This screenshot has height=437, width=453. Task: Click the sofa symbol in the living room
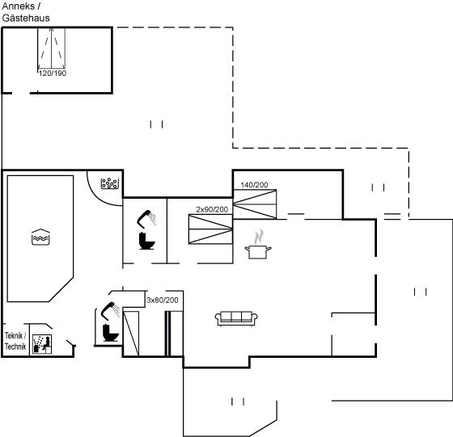(x=236, y=318)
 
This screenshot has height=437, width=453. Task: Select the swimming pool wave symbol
(x=40, y=237)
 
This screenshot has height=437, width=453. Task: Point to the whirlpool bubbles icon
(x=110, y=183)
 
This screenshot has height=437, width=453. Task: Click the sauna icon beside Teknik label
(x=42, y=344)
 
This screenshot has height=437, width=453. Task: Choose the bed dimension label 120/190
(x=53, y=74)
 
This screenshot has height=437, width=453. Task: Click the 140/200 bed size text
(x=254, y=185)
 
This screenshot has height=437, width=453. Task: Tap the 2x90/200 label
(x=212, y=209)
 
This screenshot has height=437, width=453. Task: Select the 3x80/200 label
(x=163, y=300)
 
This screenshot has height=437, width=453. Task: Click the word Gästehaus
(x=26, y=18)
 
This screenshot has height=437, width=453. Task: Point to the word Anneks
(x=19, y=6)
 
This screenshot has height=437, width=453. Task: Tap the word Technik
(x=15, y=347)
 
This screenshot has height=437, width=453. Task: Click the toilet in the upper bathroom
(x=146, y=241)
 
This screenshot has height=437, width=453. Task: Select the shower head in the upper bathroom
(x=146, y=217)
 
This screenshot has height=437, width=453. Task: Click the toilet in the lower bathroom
(x=110, y=333)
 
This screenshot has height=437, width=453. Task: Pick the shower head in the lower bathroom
(x=110, y=311)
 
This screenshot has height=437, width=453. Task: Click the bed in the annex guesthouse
(x=52, y=48)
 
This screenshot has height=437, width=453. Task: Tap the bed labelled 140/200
(x=255, y=204)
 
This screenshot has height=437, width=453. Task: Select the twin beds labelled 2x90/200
(x=210, y=229)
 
